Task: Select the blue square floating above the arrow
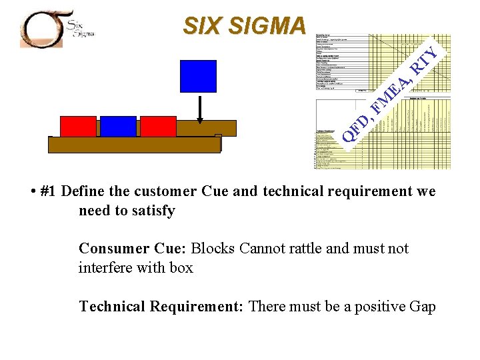tap(198, 75)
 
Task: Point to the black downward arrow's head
tap(200, 121)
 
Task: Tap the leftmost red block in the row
tap(78, 126)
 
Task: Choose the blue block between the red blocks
tap(118, 126)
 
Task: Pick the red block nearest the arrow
tap(158, 126)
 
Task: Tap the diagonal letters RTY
tap(425, 61)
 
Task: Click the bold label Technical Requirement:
tap(162, 307)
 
